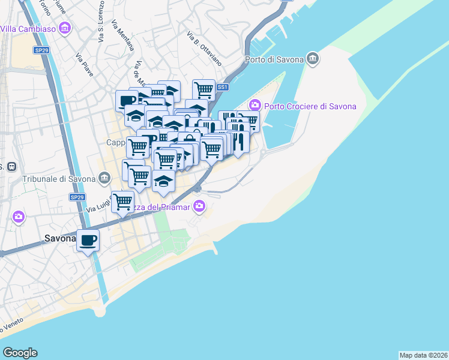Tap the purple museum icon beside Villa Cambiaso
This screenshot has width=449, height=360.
[x=66, y=28]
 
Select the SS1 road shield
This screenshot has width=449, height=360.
[x=223, y=87]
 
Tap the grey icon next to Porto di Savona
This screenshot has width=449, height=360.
[x=312, y=58]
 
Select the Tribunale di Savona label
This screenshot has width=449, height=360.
[x=59, y=179]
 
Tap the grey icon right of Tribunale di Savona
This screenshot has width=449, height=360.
[x=105, y=178]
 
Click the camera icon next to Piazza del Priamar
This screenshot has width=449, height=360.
[x=199, y=207]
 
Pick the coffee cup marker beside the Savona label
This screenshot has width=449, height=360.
[x=88, y=241]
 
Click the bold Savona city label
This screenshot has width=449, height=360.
[x=60, y=238]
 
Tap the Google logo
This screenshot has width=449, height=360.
[x=20, y=353]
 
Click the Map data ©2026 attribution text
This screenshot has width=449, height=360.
[x=423, y=355]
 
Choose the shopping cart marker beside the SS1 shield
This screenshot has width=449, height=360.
[x=204, y=90]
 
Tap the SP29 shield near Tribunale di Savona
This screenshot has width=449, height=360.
[x=77, y=197]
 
